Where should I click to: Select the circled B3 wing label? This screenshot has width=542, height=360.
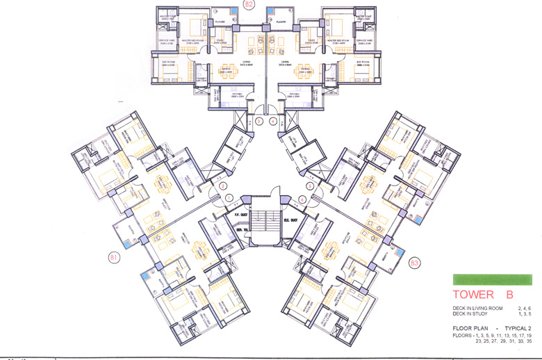pos(415,263)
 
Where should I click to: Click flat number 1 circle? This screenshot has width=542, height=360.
pos(229,199)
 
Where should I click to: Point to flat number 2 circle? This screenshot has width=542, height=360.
pos(223,186)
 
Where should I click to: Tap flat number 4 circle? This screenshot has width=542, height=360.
pos(303,199)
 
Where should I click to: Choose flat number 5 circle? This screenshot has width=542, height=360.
pos(309,186)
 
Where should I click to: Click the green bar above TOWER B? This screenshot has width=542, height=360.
pos(492,280)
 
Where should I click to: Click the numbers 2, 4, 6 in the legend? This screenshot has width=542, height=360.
pos(523,308)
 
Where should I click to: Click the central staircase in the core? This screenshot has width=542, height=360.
pos(266,222)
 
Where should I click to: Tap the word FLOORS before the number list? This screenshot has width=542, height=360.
pos(463,336)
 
